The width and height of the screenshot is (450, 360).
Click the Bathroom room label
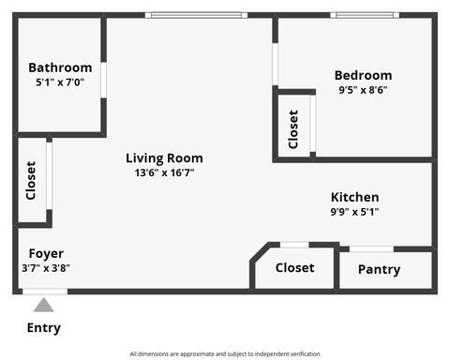click(60, 67)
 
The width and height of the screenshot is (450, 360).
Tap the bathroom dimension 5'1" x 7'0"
click(60, 82)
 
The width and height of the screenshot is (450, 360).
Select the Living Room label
click(164, 158)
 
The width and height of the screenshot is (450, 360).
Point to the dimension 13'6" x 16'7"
click(164, 172)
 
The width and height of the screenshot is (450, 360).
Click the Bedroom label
click(365, 76)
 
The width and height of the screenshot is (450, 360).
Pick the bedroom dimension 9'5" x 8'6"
click(365, 91)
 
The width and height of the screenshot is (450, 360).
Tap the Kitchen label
click(354, 198)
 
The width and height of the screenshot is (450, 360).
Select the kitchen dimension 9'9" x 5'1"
click(354, 212)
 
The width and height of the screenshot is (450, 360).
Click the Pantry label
click(379, 270)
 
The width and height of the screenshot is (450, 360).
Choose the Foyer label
click(46, 254)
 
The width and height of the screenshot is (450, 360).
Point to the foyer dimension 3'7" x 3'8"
click(46, 268)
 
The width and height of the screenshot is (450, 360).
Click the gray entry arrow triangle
click(43, 305)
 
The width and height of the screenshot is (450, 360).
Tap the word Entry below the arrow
click(44, 328)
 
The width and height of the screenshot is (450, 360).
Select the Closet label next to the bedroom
click(293, 129)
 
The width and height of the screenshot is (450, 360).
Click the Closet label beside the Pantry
click(294, 268)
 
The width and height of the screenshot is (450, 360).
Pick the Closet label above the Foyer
click(31, 180)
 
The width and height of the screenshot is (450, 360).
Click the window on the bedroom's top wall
click(365, 15)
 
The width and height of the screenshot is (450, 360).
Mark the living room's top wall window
click(196, 15)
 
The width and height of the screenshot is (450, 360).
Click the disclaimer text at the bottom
click(225, 353)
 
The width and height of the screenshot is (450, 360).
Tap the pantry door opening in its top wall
click(371, 248)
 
